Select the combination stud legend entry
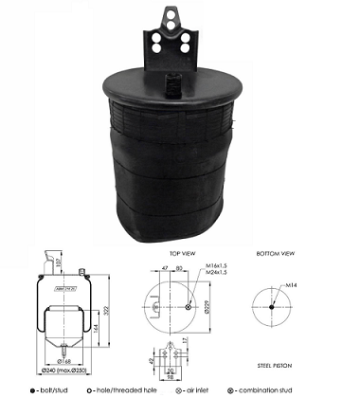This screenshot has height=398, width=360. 287,389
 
